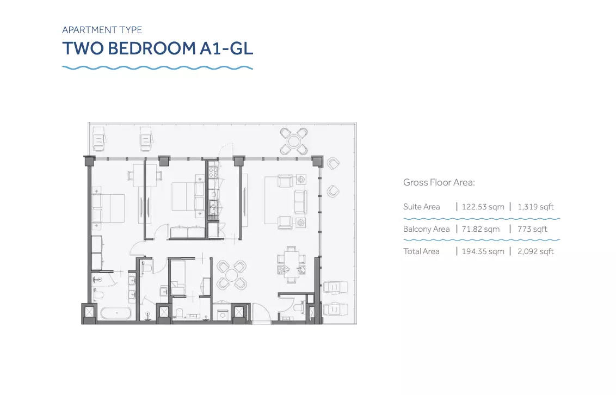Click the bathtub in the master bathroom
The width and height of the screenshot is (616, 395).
click(116, 313)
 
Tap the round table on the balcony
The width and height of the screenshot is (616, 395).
click(294, 141)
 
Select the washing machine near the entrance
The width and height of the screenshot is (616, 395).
click(223, 314)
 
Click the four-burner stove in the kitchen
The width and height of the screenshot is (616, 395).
click(213, 172)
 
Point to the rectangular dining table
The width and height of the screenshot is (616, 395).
click(291, 264)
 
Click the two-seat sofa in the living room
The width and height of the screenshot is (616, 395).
click(300, 201)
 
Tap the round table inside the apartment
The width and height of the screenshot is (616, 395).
click(232, 274)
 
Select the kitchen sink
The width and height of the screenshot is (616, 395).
click(213, 206)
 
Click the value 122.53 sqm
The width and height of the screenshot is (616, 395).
click(483, 207)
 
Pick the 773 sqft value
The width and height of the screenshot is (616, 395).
click(532, 229)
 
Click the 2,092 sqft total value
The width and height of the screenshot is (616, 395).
click(535, 252)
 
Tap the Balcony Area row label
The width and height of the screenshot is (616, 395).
click(426, 229)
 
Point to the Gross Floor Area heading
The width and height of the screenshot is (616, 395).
click(439, 182)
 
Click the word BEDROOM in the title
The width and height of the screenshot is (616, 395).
click(152, 48)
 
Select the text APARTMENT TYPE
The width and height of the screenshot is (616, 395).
click(102, 30)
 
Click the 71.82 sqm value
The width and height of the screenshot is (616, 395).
click(481, 229)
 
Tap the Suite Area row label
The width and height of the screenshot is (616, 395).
click(422, 207)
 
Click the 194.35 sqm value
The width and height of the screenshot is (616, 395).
click(483, 252)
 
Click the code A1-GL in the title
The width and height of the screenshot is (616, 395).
click(226, 48)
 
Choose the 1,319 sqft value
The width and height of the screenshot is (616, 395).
click(535, 207)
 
